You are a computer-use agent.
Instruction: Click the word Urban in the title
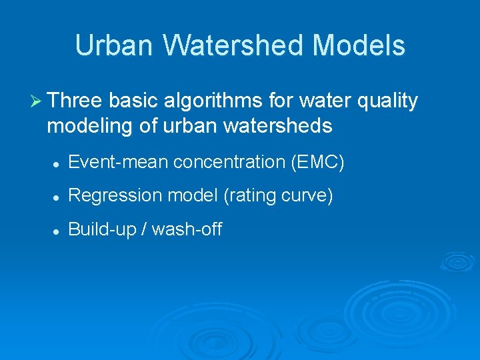click(x=115, y=45)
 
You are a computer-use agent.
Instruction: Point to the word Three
click(x=75, y=101)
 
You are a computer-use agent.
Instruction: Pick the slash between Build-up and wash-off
click(x=145, y=229)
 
